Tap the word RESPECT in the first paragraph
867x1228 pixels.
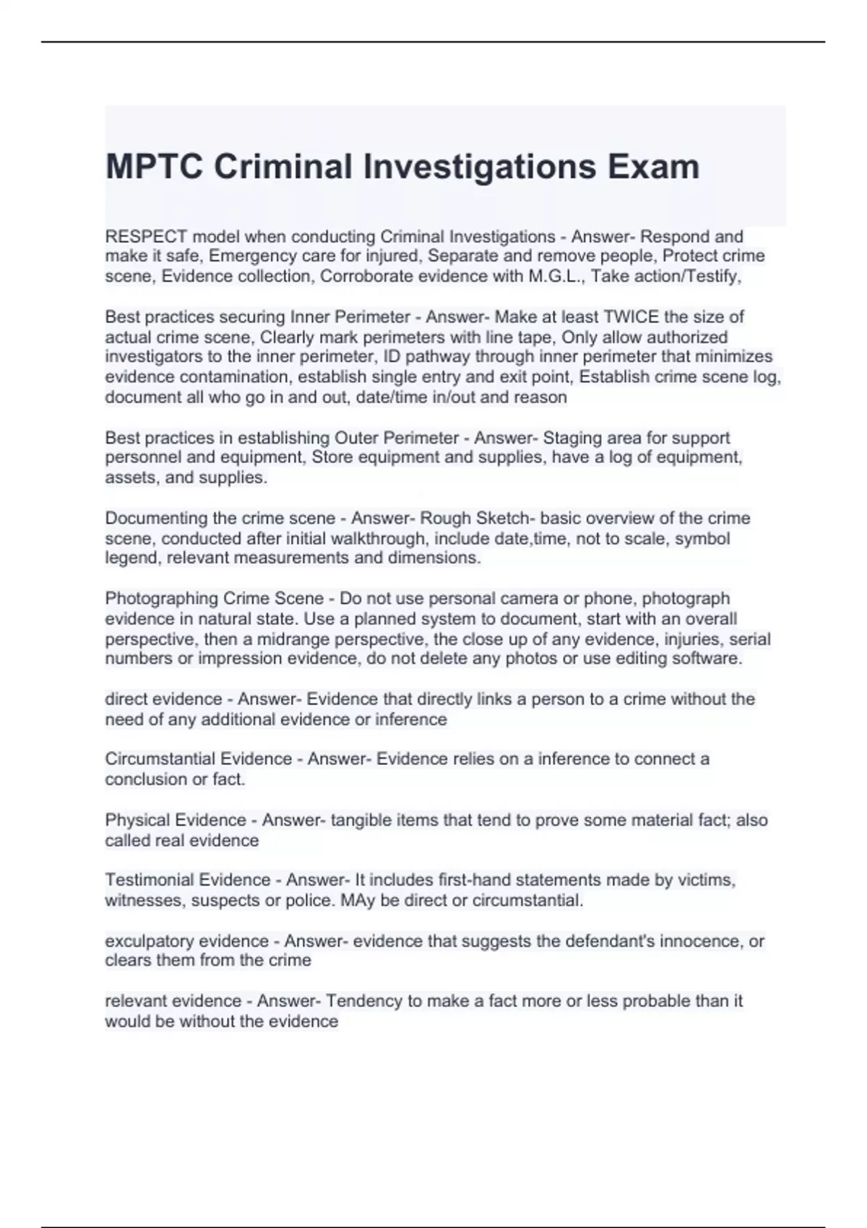coord(146,237)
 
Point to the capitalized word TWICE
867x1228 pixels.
coord(631,317)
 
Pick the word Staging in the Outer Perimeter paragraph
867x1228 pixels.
coord(573,438)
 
